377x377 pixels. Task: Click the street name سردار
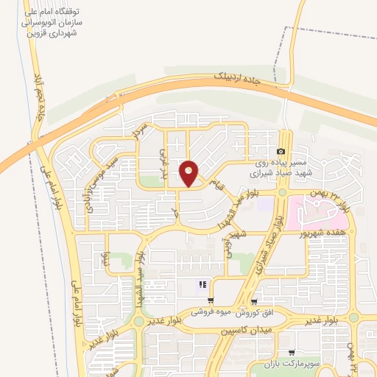(x=139, y=132)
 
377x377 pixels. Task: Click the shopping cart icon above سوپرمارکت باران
(x=292, y=353)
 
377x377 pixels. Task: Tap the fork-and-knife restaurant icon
(x=201, y=285)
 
